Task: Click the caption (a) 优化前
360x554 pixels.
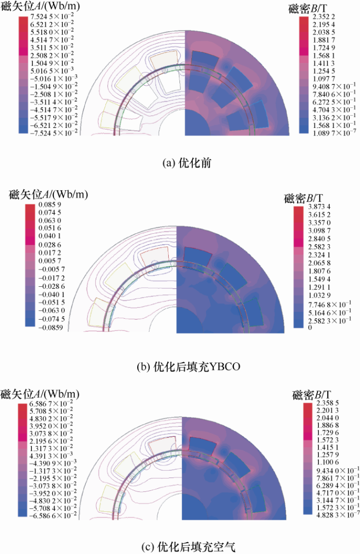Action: pos(187,163)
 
